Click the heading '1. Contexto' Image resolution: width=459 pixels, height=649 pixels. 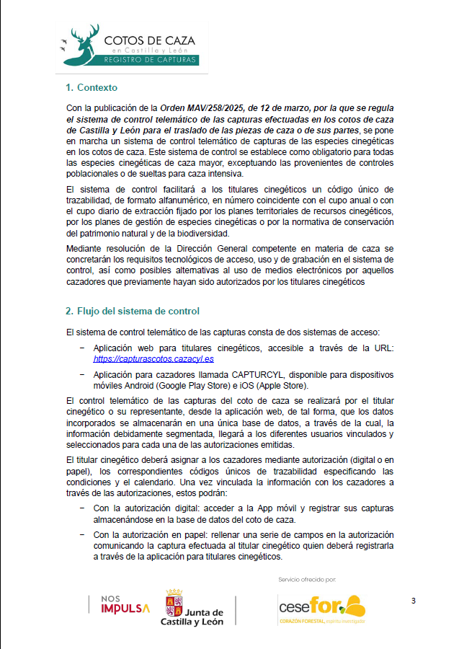coord(91,88)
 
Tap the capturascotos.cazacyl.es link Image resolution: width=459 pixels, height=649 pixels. coord(153,358)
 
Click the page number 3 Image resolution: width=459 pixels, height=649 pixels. coord(414,601)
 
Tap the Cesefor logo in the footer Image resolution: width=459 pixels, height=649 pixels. coord(321,608)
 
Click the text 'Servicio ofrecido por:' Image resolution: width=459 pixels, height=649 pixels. coord(307,579)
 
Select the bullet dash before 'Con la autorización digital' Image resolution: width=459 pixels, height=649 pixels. coord(82,508)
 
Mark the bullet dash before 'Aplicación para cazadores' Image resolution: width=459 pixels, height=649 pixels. coord(82,374)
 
